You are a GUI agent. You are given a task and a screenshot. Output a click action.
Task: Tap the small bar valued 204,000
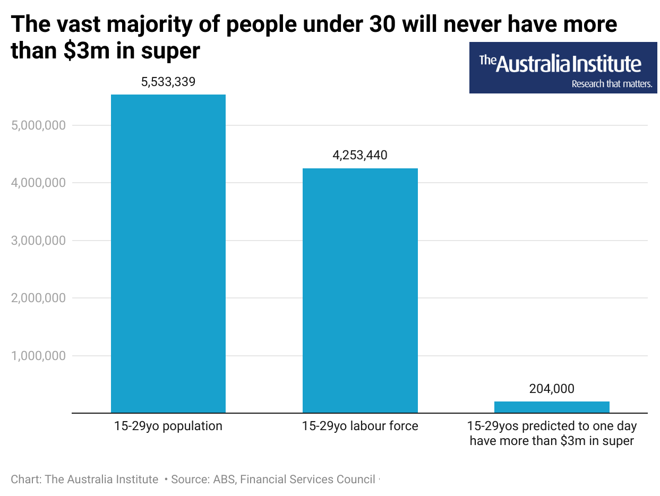(x=552, y=407)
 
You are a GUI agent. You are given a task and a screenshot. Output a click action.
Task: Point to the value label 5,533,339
(x=168, y=82)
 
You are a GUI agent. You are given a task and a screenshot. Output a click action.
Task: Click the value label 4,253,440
(x=360, y=156)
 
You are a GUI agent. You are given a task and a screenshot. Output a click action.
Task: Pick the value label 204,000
(x=552, y=389)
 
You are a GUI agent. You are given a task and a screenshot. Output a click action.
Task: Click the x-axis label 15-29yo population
(x=168, y=426)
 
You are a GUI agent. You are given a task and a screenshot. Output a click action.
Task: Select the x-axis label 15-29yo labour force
(x=360, y=426)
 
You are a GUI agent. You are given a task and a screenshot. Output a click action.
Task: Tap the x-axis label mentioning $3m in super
(x=552, y=433)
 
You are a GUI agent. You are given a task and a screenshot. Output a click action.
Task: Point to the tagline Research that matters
(x=611, y=84)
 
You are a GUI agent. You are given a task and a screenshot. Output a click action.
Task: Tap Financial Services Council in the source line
(x=307, y=479)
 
